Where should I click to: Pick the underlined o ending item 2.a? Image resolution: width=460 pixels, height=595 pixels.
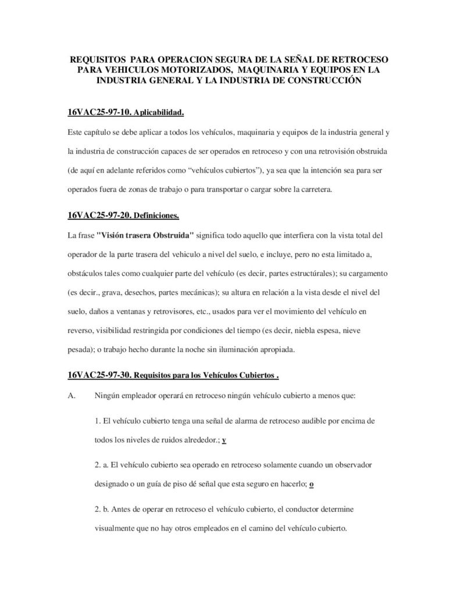(312, 484)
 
